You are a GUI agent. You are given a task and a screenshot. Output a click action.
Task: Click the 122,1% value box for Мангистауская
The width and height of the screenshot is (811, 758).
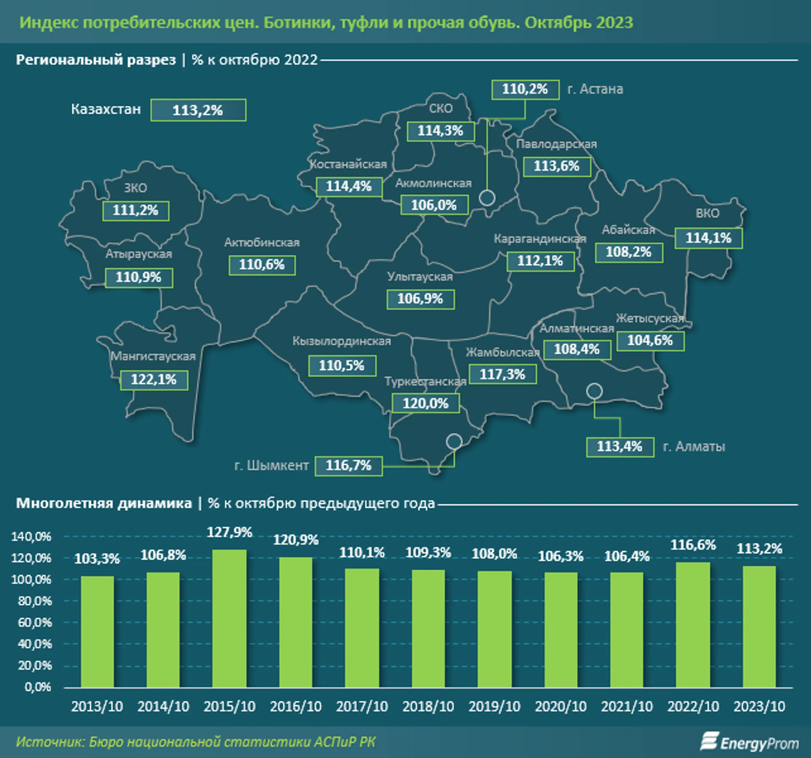point(154,380)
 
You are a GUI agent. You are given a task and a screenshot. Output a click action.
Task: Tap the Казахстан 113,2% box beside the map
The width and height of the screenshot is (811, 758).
point(198,110)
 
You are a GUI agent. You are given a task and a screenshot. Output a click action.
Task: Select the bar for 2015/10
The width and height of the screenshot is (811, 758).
point(229,618)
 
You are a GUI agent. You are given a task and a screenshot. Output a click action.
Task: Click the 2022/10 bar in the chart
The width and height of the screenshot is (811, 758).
point(693,625)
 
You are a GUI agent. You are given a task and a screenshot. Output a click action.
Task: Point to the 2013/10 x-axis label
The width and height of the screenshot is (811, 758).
point(97,706)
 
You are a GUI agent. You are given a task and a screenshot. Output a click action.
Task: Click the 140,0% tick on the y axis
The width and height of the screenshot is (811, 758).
point(32,536)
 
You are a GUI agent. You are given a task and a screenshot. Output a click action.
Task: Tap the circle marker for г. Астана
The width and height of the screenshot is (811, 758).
point(487,198)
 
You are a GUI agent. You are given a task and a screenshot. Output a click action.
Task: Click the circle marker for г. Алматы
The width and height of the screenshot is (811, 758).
point(594,391)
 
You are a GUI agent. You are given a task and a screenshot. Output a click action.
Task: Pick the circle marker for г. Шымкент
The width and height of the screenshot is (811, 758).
point(454,442)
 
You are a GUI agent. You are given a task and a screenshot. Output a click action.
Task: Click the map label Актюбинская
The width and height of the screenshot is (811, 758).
point(262,243)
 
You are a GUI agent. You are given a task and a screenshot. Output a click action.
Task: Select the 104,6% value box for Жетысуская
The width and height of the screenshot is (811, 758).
point(650,341)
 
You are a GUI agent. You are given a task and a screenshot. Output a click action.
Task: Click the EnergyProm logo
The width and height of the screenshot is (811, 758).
point(749,742)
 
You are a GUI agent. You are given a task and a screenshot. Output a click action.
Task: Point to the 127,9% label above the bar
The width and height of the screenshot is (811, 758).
point(230,532)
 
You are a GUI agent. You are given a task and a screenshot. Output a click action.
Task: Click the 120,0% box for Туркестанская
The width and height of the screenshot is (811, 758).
point(425,404)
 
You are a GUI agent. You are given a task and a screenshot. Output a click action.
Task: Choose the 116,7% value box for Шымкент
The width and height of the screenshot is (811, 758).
point(349,466)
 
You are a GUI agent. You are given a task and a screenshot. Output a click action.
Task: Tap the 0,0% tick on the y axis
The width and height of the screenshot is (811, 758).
point(38,687)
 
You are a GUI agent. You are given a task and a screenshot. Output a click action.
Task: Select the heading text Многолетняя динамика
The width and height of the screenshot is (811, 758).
point(104,503)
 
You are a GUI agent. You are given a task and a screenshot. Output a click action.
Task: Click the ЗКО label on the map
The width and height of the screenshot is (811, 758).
point(136,188)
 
